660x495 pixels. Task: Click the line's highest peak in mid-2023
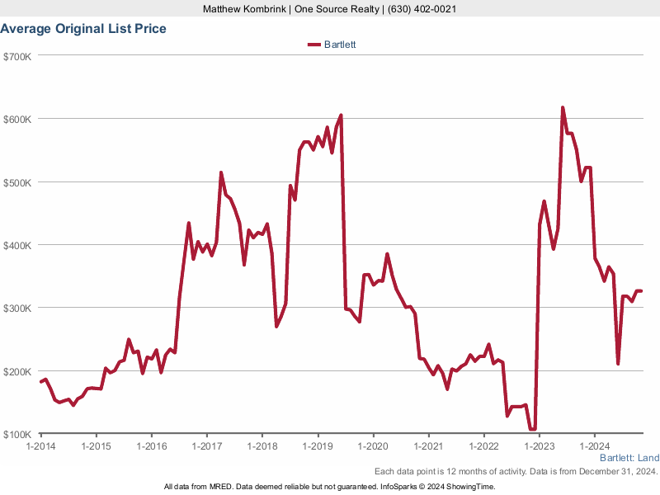click(x=563, y=108)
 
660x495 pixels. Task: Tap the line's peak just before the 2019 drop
click(x=341, y=115)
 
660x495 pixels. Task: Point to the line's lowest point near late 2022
click(x=532, y=429)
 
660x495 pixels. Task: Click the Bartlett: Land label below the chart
click(x=629, y=458)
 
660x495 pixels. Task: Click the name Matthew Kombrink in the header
click(x=243, y=9)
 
